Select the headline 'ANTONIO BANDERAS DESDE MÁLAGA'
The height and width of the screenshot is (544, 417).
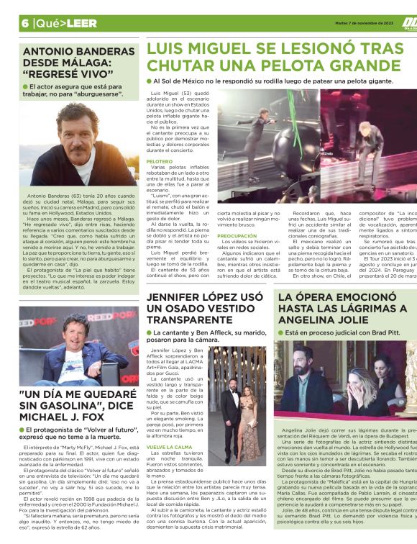pos(69,61)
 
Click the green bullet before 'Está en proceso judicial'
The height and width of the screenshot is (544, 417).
pos(281,334)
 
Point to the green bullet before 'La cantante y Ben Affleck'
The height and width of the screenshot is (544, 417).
pos(150,334)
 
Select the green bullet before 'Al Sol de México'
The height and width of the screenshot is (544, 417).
pos(149,81)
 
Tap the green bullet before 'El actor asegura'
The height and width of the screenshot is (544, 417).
pos(25,86)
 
